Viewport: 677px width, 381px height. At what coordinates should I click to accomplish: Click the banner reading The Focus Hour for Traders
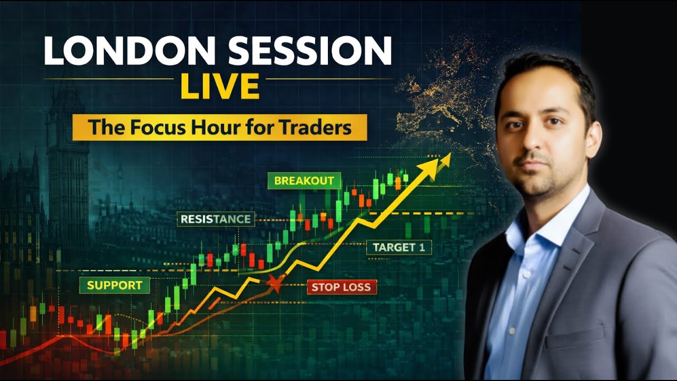[219, 127]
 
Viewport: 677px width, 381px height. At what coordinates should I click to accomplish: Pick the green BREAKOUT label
[304, 180]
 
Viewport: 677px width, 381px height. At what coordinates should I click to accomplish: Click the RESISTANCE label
[215, 219]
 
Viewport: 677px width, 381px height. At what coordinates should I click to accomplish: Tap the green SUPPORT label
[114, 285]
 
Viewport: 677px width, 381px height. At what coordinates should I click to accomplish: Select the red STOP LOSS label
[342, 287]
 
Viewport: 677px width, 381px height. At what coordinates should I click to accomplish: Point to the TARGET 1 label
[399, 247]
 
